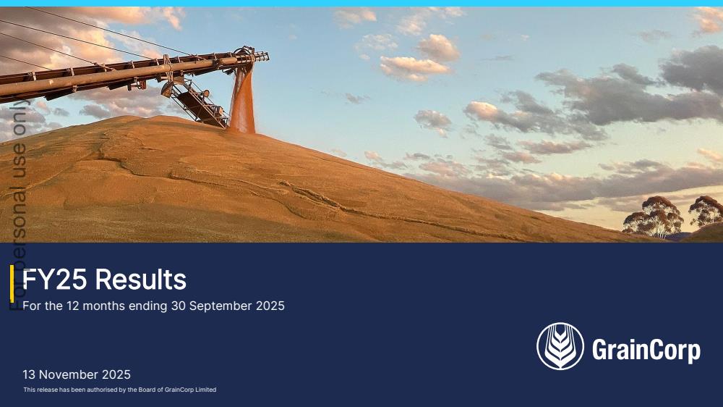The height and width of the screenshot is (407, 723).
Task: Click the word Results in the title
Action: point(141,280)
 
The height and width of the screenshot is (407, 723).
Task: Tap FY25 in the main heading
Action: point(55,280)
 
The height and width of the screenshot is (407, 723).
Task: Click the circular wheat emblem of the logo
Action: point(560,346)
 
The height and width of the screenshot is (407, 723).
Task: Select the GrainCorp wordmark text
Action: point(646,351)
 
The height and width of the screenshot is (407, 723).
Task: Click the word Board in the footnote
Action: point(148,390)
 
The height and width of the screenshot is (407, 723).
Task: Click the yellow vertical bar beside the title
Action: point(12,284)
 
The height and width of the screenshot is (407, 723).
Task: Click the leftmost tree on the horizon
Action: point(653,217)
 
